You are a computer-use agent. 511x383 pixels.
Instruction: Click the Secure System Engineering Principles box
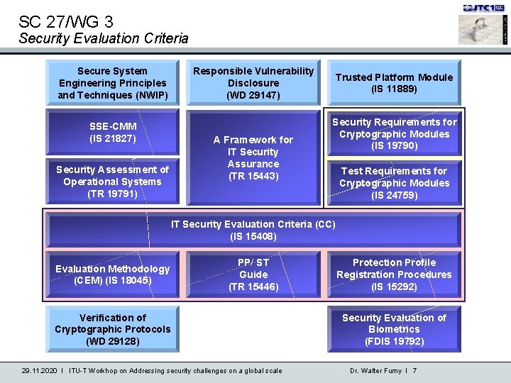tap(112, 83)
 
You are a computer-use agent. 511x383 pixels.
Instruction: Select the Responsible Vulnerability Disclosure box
tap(253, 83)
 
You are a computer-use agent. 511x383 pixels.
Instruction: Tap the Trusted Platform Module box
tap(394, 83)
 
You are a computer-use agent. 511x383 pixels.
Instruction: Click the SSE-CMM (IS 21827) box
tap(112, 132)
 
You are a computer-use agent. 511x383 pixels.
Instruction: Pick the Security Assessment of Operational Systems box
tap(112, 181)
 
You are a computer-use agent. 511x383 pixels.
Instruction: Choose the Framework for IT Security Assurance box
tap(253, 157)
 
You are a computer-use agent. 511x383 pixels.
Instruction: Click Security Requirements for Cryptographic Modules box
tap(394, 134)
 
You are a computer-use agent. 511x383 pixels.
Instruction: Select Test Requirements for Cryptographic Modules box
tap(394, 182)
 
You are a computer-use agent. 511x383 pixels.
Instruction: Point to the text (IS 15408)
tap(253, 236)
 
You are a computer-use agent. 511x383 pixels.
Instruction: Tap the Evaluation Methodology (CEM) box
tap(112, 274)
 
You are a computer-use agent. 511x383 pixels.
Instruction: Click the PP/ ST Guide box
tap(253, 274)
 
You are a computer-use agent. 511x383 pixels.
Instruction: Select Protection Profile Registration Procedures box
tap(394, 274)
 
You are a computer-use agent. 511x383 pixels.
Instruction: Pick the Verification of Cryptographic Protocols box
tap(112, 329)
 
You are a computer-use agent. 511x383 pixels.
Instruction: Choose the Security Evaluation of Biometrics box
tap(394, 329)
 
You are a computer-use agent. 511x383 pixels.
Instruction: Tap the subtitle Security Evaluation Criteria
tap(104, 38)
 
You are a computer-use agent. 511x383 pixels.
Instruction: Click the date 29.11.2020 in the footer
tap(39, 370)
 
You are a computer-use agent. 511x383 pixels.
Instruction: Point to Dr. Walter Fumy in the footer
tap(376, 370)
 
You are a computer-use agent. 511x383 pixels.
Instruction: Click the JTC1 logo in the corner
tap(483, 8)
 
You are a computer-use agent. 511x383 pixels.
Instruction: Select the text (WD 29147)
tap(253, 95)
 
